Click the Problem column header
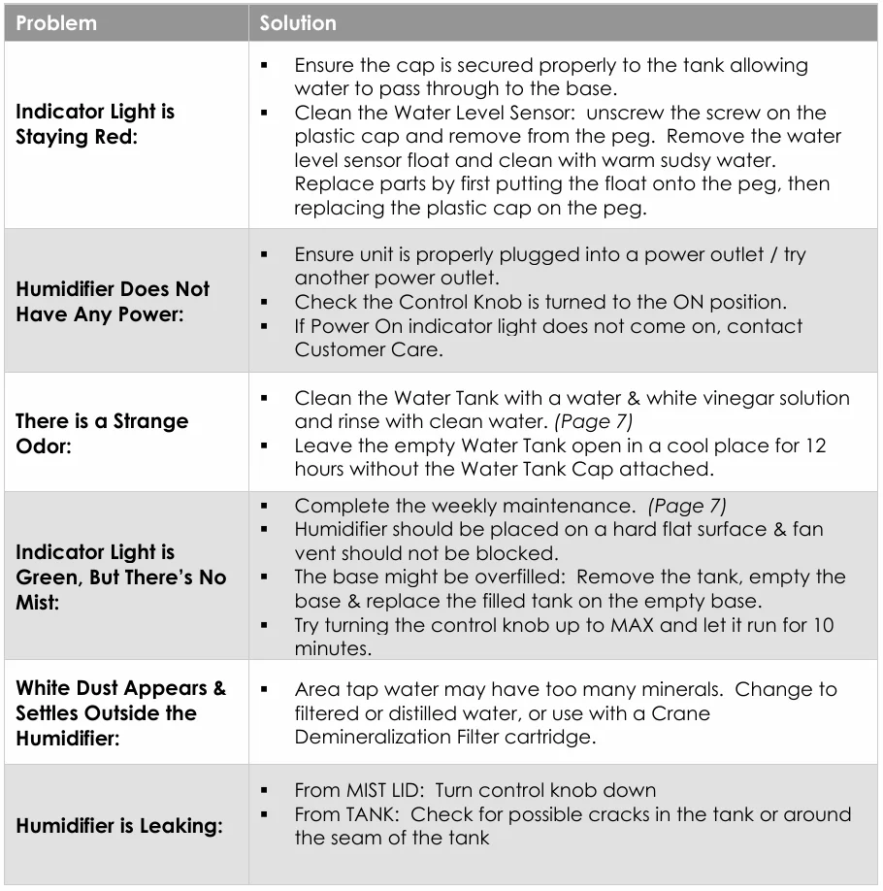point(56,23)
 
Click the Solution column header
point(298,23)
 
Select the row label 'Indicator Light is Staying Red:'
point(95,124)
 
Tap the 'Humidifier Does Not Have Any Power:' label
point(113,302)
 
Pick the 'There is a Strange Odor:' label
point(102,434)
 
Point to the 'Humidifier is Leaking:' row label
point(119,827)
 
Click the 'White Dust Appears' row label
point(121,688)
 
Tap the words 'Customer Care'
point(369,349)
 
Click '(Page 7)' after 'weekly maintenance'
point(687,506)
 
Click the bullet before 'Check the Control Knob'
point(265,302)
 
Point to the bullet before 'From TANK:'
point(265,814)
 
